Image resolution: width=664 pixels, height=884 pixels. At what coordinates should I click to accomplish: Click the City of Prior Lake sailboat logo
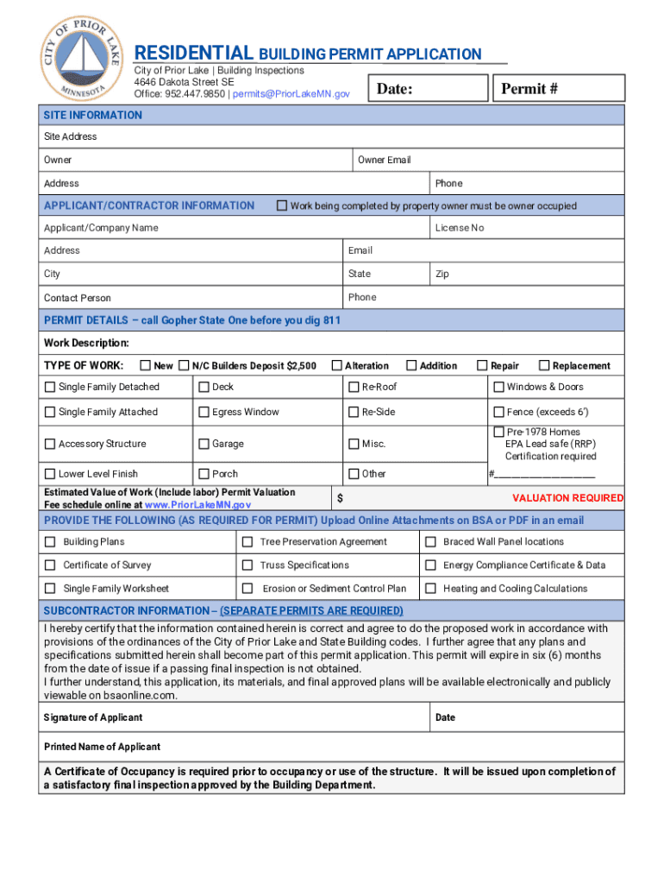pos(81,57)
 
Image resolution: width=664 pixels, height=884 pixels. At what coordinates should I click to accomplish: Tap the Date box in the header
pos(425,89)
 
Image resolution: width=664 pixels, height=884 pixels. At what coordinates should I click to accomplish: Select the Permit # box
pos(556,89)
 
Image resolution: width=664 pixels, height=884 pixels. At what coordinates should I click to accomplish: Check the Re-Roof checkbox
pos(354,388)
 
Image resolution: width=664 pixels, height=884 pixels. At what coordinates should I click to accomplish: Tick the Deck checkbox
pos(204,388)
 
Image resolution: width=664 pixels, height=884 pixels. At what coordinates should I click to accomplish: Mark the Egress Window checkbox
pos(204,413)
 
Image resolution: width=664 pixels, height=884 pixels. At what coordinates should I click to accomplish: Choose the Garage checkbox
pos(204,445)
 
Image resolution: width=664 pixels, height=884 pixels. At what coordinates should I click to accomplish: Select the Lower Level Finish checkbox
pos(50,474)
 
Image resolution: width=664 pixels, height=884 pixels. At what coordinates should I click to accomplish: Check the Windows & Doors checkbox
pos(498,388)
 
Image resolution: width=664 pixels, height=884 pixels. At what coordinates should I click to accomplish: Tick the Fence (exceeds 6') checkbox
pos(498,413)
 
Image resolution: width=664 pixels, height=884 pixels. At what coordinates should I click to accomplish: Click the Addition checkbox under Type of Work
pos(412,366)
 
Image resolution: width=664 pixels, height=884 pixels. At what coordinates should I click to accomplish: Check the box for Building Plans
pos(50,542)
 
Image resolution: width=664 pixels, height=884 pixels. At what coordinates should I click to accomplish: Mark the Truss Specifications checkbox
pos(247,565)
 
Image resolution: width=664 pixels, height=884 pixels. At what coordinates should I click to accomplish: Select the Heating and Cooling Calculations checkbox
pos(430,589)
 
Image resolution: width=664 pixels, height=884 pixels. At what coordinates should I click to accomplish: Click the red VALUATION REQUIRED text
pos(567,498)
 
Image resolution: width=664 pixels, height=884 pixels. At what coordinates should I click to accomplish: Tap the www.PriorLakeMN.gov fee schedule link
pos(197,505)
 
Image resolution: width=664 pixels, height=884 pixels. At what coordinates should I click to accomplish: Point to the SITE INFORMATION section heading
pos(93,116)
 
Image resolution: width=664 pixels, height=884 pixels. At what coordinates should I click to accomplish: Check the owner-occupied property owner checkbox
pos(281,206)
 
